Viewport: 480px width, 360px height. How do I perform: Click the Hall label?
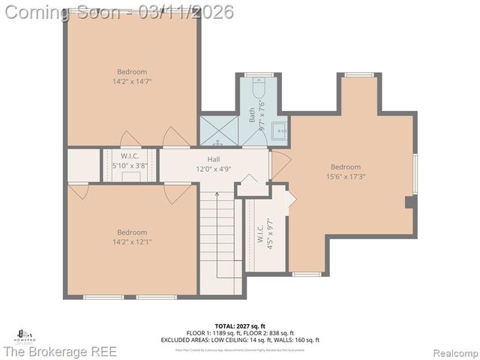coord(214,160)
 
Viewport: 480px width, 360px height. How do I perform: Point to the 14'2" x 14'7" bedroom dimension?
coord(132,80)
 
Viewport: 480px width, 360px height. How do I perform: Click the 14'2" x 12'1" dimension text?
coord(132,241)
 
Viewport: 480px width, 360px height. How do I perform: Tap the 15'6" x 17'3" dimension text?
coord(346,176)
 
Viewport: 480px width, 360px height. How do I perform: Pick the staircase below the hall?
coord(218,240)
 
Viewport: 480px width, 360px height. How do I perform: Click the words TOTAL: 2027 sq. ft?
coord(241,325)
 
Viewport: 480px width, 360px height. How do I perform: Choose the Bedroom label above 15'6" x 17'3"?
coord(346,167)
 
